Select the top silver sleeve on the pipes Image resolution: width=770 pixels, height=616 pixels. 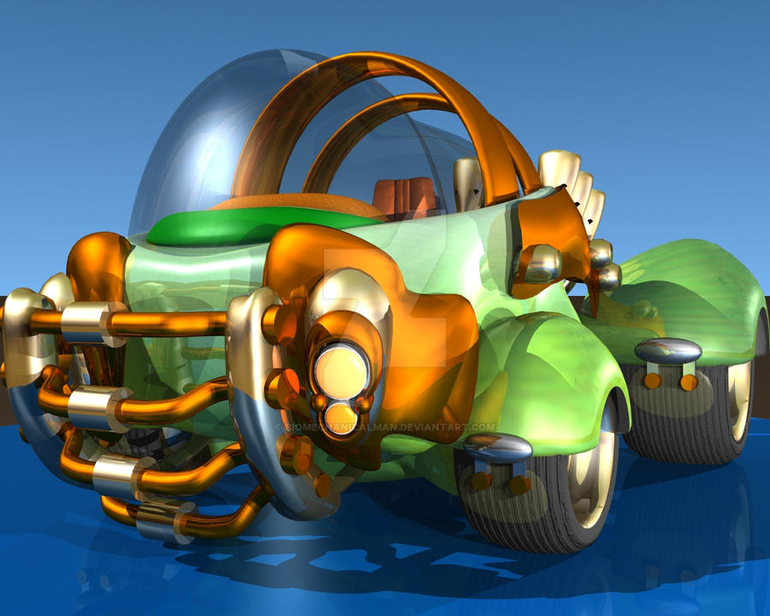[x=82, y=322]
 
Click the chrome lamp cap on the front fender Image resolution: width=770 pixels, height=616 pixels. [x=498, y=447]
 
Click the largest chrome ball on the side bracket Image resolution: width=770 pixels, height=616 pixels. [x=541, y=264]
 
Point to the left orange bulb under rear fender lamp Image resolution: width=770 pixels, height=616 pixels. [x=653, y=381]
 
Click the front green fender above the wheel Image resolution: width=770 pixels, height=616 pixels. [x=556, y=368]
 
